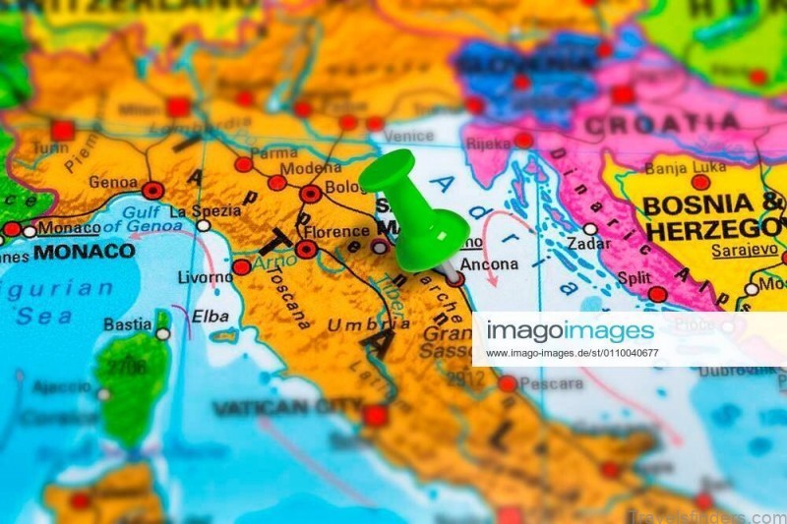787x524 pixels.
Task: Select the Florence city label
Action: (336, 232)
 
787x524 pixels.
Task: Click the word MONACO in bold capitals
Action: (84, 252)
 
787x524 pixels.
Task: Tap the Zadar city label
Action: (588, 243)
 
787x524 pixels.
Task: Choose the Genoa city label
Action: (113, 182)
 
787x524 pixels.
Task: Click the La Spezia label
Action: (205, 210)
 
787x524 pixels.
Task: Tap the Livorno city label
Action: (205, 276)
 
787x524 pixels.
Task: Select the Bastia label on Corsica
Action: (128, 323)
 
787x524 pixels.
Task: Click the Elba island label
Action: (211, 317)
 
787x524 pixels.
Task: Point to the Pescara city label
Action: (551, 383)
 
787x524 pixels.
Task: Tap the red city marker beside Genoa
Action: (152, 191)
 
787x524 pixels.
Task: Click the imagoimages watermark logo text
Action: (571, 330)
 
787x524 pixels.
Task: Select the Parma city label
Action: (273, 153)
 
